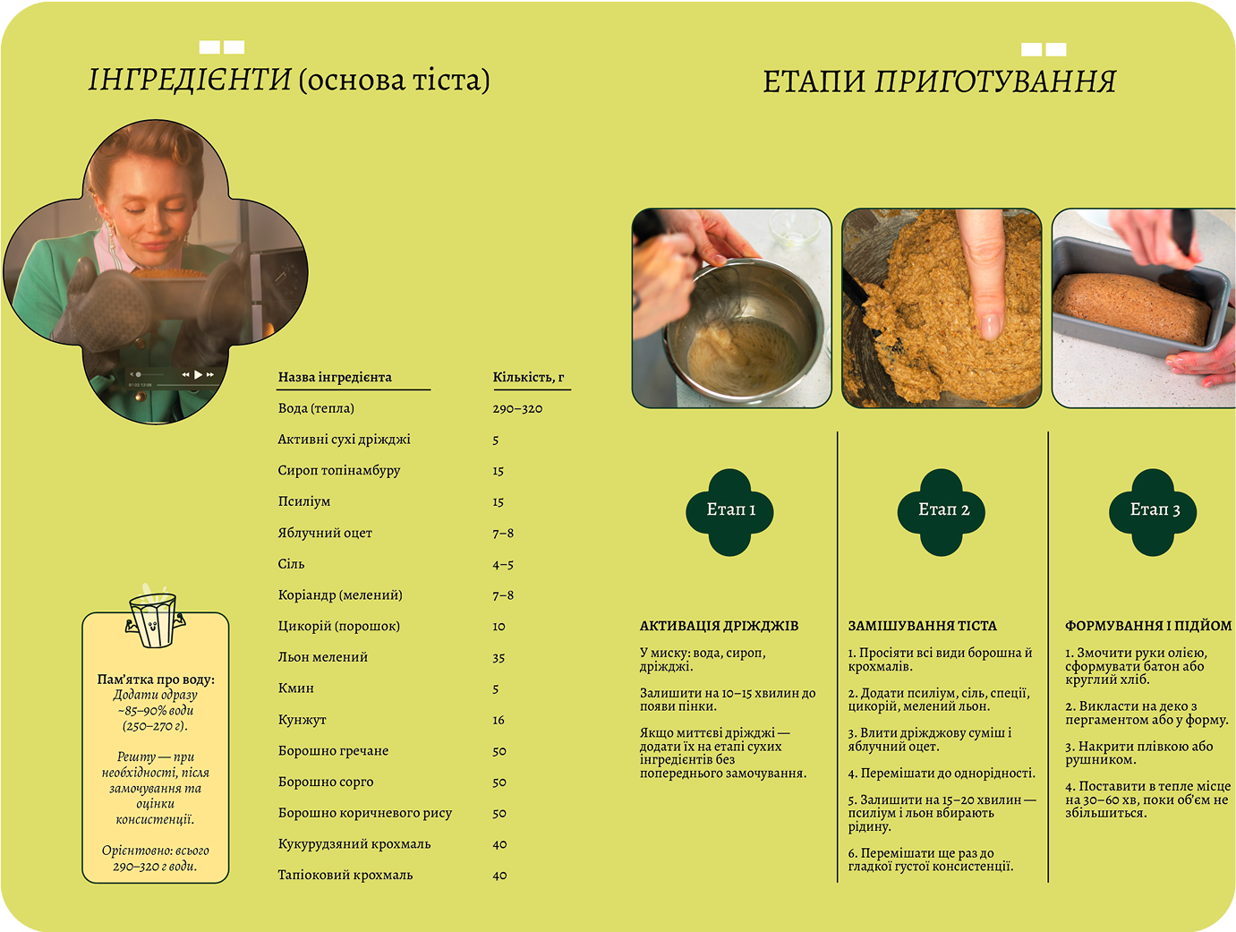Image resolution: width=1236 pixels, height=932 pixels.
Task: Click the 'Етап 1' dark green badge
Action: tap(730, 510)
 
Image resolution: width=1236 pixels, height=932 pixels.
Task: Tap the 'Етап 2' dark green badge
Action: tap(942, 510)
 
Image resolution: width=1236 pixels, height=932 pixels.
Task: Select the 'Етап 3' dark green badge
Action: tap(1154, 510)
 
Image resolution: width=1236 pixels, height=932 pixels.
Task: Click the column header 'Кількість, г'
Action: tap(528, 377)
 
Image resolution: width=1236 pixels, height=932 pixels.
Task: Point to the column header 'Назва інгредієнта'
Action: tap(335, 377)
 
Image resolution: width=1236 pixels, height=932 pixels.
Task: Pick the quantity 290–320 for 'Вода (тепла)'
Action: tap(517, 408)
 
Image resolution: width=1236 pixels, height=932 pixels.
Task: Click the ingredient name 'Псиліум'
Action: tap(304, 501)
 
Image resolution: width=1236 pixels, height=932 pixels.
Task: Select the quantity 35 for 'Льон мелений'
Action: tap(499, 657)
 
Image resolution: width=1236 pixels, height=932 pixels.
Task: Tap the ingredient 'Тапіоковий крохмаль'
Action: tap(345, 875)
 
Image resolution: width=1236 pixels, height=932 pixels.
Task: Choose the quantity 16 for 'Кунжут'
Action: tap(499, 720)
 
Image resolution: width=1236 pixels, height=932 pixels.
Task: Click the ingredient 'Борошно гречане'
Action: tap(333, 750)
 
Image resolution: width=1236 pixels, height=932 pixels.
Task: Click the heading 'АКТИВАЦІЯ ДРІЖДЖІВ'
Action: tap(719, 626)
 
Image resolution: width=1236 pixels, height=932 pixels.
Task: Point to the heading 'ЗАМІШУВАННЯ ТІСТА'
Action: tap(922, 626)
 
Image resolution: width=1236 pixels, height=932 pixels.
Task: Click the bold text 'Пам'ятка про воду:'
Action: tap(156, 680)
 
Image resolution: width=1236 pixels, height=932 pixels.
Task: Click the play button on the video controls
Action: tap(198, 374)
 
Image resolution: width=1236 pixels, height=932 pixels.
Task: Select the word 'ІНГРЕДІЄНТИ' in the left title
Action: tap(190, 81)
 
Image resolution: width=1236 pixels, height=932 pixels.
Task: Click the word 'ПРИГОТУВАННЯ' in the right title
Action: tap(995, 81)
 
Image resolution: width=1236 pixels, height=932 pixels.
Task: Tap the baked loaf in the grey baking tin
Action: tap(1133, 306)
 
